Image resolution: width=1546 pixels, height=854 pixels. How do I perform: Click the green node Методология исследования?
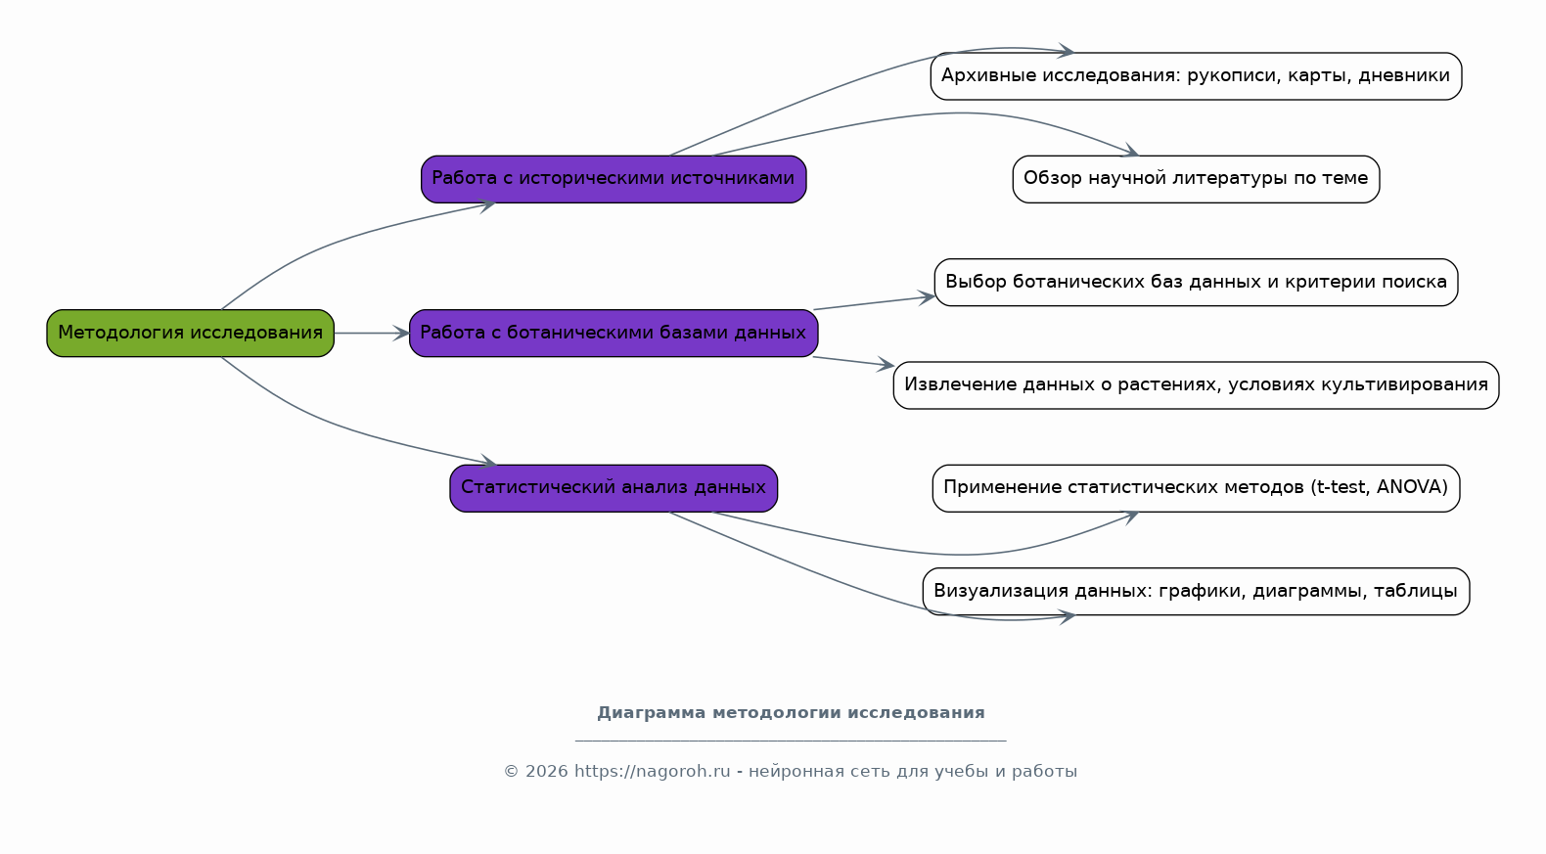[191, 334]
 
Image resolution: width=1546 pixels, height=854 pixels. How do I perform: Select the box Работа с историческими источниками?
[614, 179]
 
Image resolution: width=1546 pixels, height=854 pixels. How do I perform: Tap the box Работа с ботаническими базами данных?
[614, 334]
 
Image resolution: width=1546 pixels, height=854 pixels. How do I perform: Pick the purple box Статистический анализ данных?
[614, 488]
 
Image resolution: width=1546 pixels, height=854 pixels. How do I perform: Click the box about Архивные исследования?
[1196, 76]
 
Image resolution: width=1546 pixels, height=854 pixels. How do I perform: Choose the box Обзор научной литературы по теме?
[1196, 179]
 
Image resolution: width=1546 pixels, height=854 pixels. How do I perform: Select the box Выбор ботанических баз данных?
[1196, 282]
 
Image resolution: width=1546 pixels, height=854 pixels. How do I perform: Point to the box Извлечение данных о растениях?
[1196, 384]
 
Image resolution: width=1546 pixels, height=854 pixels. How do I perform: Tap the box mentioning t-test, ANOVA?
[1196, 488]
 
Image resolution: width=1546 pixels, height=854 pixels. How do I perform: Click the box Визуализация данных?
[1196, 591]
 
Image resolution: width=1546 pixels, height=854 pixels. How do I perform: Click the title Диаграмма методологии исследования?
[791, 712]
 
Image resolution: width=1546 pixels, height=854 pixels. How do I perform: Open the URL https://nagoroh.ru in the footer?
[653, 771]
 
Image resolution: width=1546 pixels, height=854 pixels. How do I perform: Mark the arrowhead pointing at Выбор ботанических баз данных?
[927, 297]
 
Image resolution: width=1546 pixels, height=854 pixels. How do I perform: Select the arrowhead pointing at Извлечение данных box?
[886, 365]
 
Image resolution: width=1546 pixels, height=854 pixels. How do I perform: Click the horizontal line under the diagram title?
[791, 741]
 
